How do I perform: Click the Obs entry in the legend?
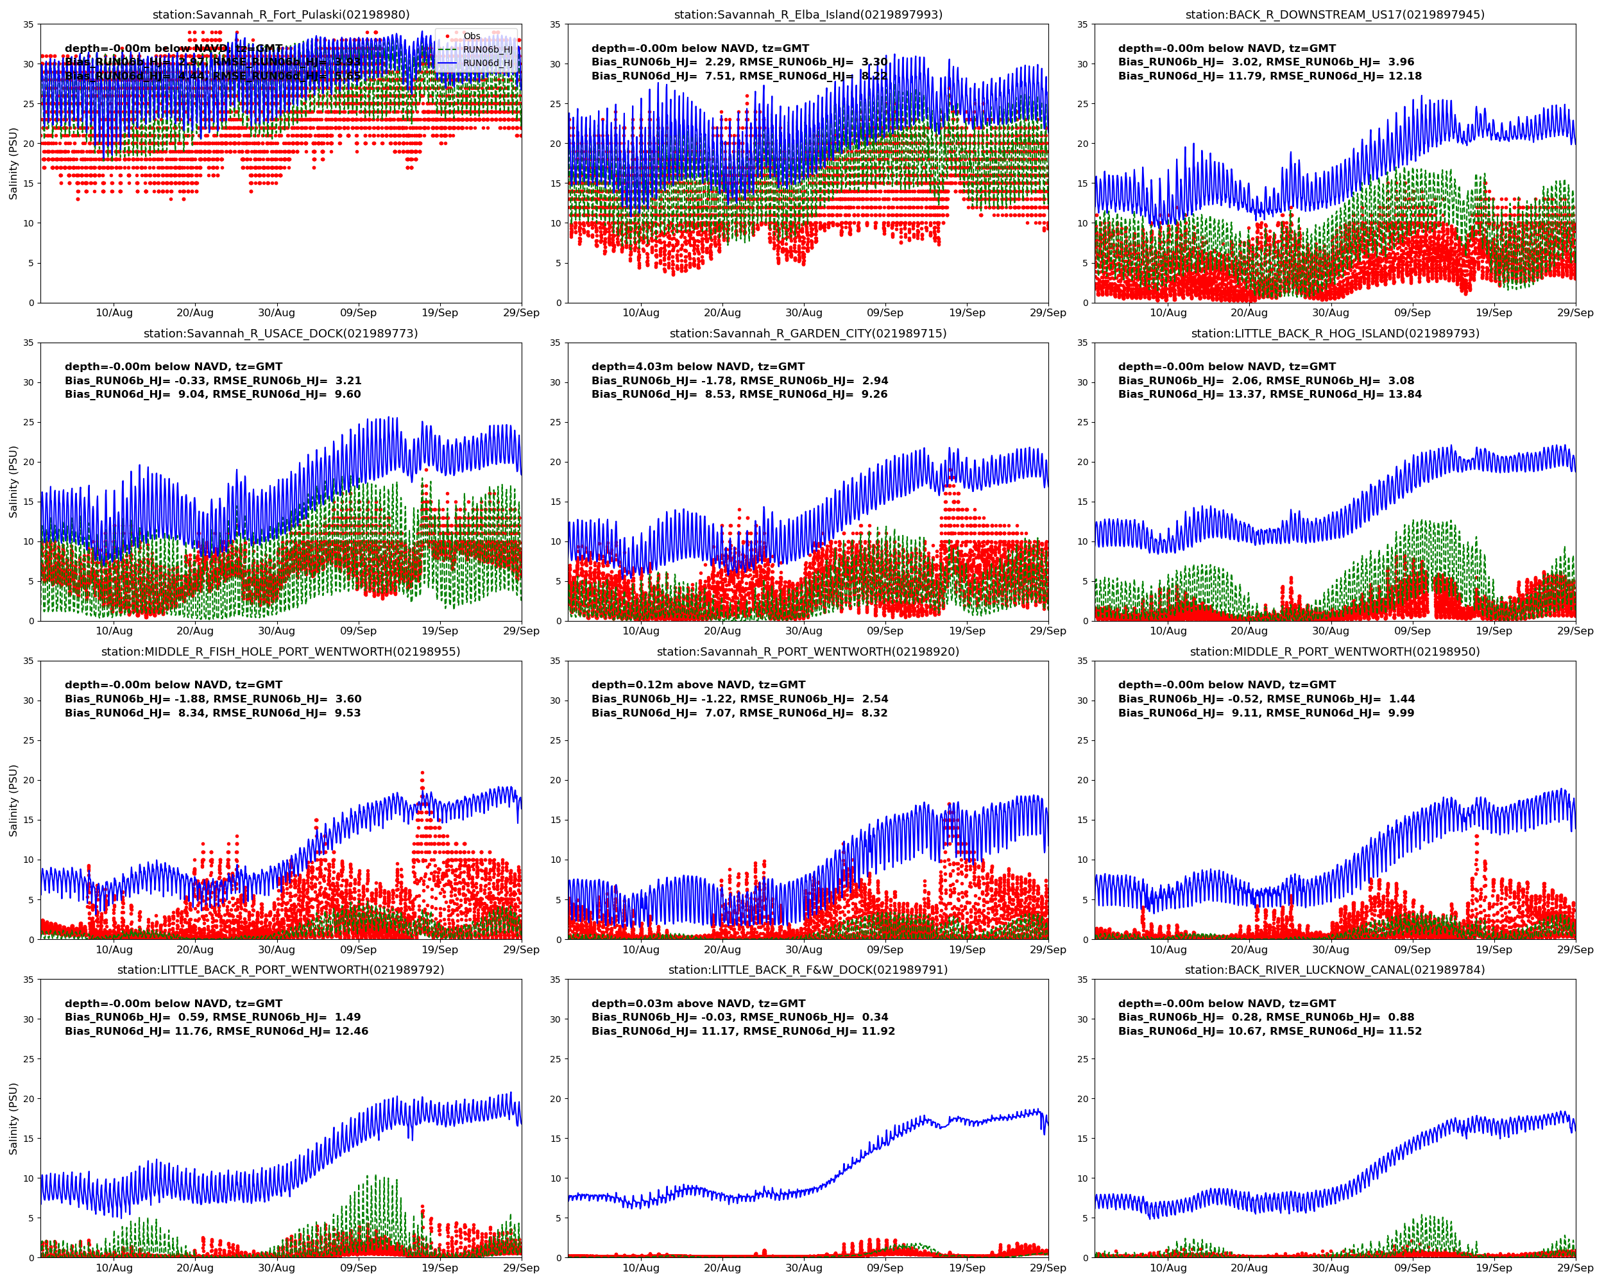coord(472,36)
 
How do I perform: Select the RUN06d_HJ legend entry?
coord(488,64)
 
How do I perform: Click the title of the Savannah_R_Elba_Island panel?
coord(808,15)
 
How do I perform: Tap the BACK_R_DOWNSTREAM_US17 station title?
coord(1335,15)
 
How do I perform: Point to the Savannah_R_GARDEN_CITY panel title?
coord(808,333)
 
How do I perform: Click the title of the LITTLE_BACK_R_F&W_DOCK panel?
coord(808,970)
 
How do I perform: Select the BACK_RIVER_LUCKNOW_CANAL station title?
coord(1335,970)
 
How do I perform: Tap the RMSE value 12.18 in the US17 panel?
coord(1404,76)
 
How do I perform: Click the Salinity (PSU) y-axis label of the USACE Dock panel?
coord(13,481)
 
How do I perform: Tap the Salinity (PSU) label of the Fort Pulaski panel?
coord(13,163)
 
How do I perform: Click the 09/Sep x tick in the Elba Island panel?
coord(885,313)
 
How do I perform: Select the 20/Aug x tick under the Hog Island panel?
coord(1249,631)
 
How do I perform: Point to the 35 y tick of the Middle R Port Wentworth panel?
coord(1083,661)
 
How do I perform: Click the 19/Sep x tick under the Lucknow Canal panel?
coord(1494,1268)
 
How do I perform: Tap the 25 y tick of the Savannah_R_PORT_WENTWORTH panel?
coord(555,741)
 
